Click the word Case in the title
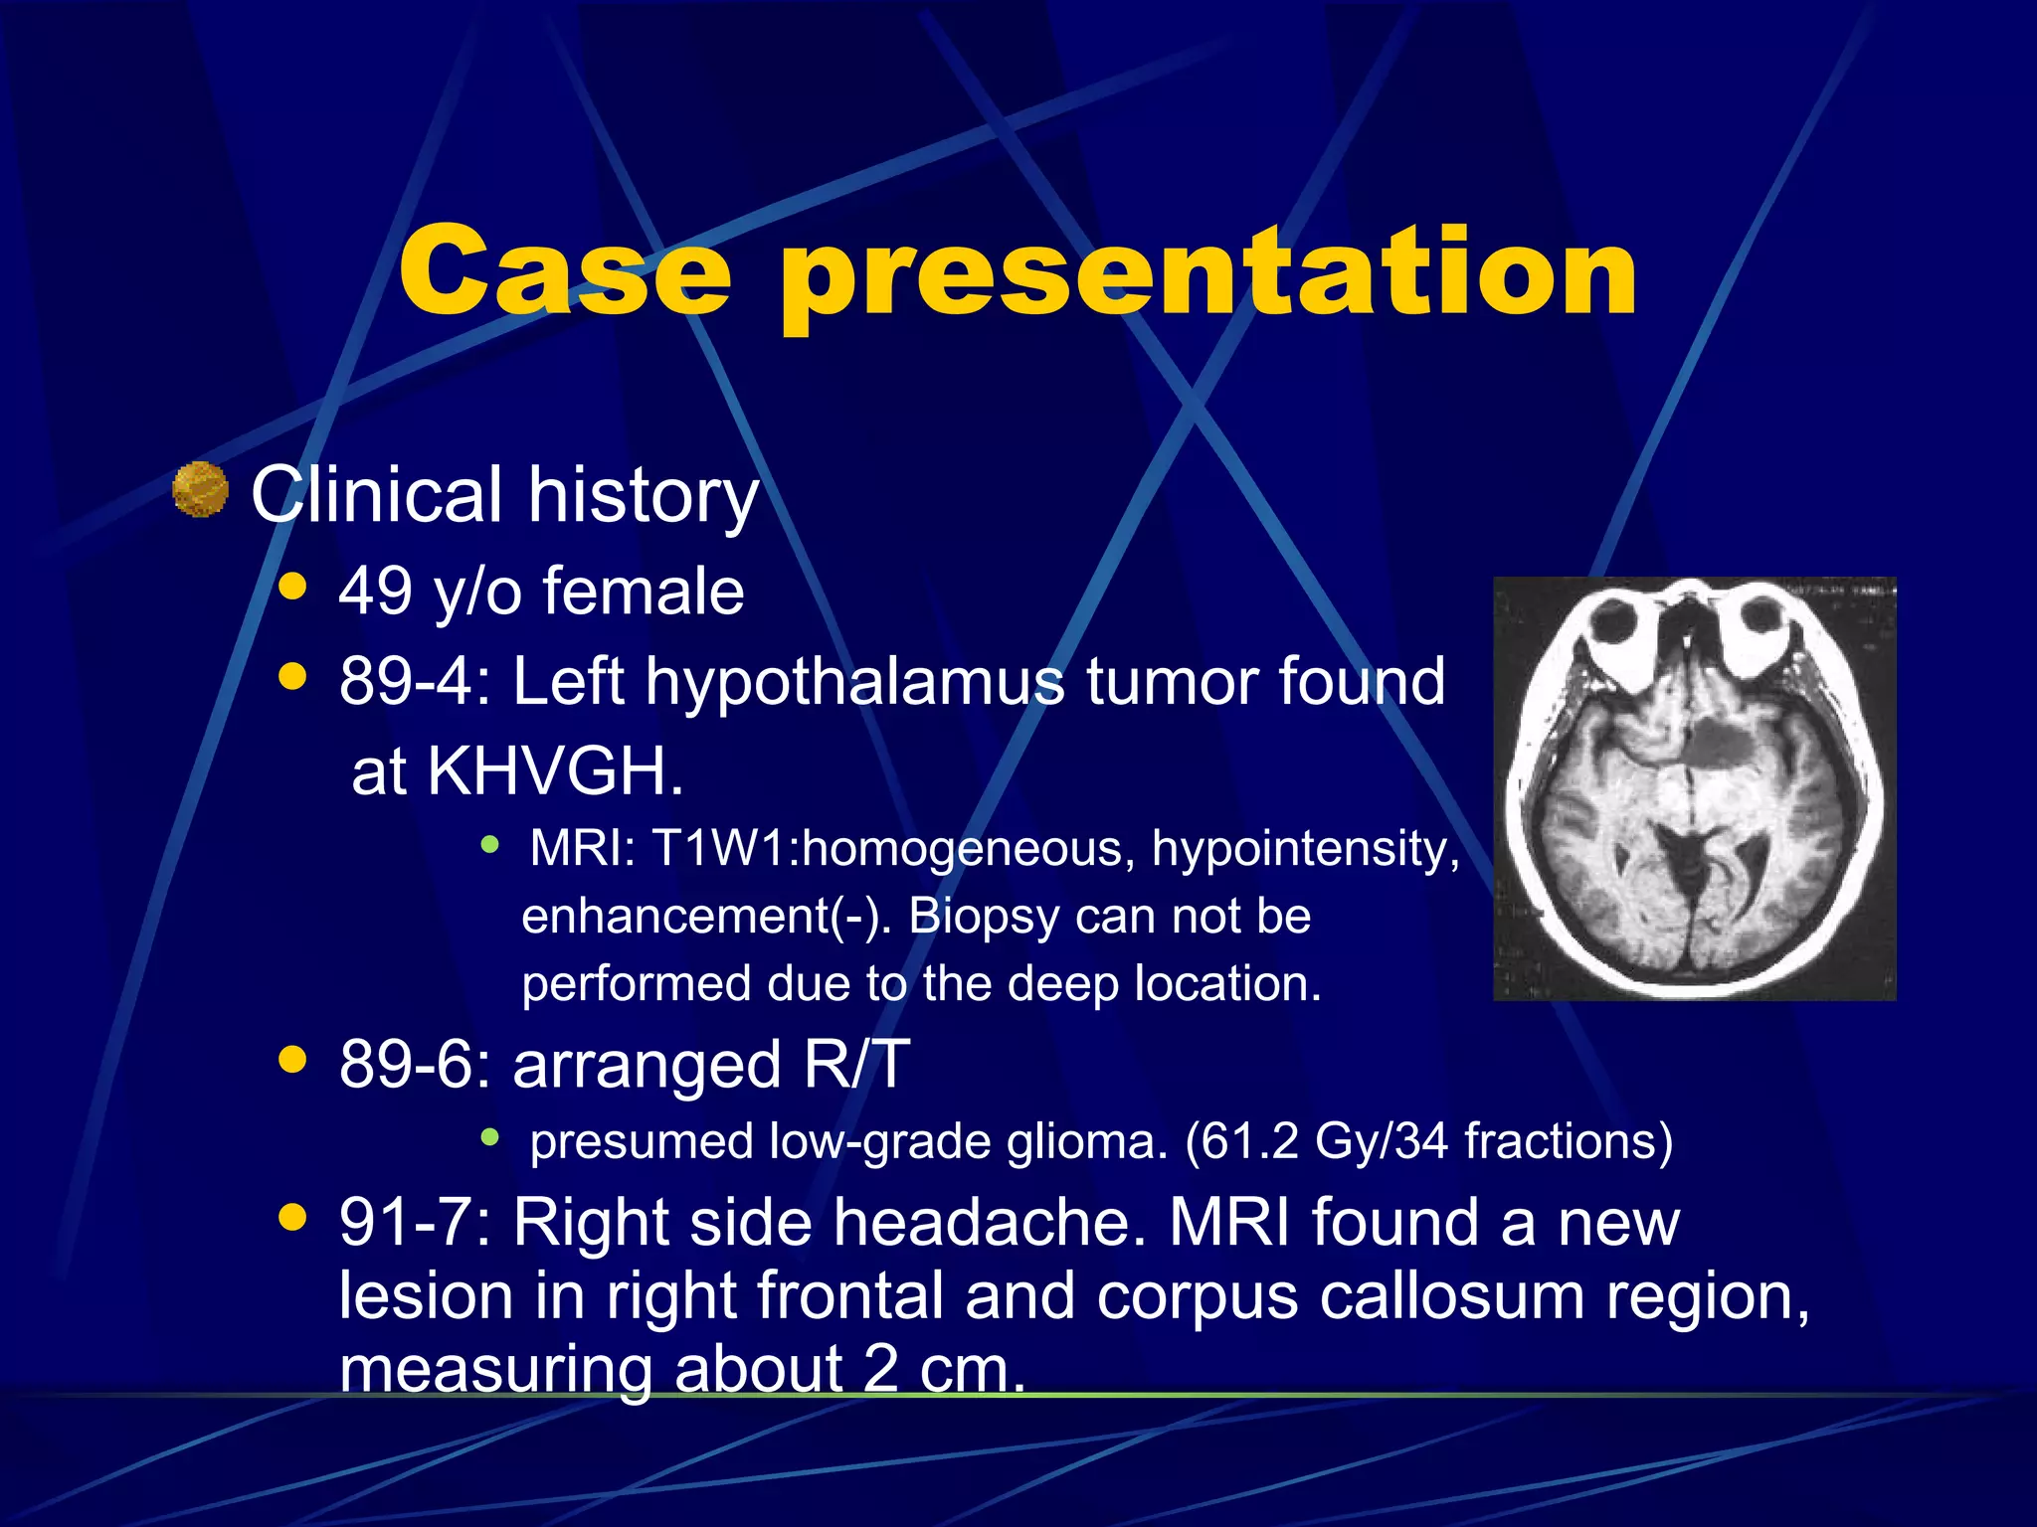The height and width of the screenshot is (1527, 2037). point(565,270)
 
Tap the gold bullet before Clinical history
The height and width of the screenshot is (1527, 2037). point(200,490)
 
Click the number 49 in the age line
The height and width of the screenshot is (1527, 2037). point(375,592)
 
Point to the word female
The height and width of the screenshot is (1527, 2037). point(643,592)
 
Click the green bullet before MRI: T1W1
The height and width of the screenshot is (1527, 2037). point(489,846)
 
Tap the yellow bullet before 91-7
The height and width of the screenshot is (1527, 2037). point(292,1217)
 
